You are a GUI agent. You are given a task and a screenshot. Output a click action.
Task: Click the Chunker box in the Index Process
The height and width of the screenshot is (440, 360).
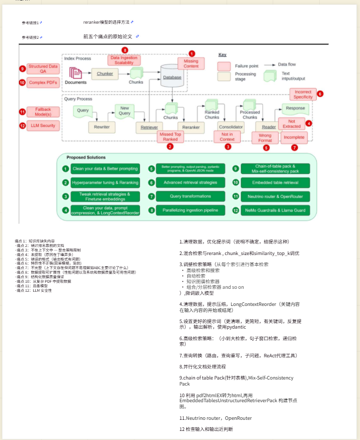point(105,74)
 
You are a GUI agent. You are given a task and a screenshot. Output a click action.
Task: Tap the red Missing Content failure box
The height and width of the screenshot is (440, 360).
point(191,64)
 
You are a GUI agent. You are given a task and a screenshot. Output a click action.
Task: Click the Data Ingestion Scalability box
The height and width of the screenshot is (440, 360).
point(124,60)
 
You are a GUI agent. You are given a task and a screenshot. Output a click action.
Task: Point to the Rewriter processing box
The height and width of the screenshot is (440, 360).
point(102,128)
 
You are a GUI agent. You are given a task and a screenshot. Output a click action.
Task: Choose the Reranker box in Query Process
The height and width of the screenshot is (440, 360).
point(191,128)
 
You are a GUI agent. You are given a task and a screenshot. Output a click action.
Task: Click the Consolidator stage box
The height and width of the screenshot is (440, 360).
point(231,128)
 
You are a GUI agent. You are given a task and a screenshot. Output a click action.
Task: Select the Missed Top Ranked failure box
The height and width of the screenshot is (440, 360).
point(170,137)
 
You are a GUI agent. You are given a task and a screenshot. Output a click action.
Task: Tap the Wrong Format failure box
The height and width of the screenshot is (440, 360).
point(265,138)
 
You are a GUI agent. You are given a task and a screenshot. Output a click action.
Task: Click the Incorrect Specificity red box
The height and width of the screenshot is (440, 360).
point(303,94)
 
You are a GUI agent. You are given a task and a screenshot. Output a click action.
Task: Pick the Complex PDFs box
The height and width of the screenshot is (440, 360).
point(42,83)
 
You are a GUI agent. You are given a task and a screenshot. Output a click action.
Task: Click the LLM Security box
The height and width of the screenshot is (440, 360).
point(42,125)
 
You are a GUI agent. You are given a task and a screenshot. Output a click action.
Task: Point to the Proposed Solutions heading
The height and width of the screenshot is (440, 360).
point(86,158)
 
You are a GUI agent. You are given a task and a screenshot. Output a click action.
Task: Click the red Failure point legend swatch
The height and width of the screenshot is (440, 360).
point(224,66)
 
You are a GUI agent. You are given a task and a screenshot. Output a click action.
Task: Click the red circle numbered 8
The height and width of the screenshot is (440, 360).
point(125,50)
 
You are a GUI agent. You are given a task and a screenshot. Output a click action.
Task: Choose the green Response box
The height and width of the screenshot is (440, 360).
point(295,108)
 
